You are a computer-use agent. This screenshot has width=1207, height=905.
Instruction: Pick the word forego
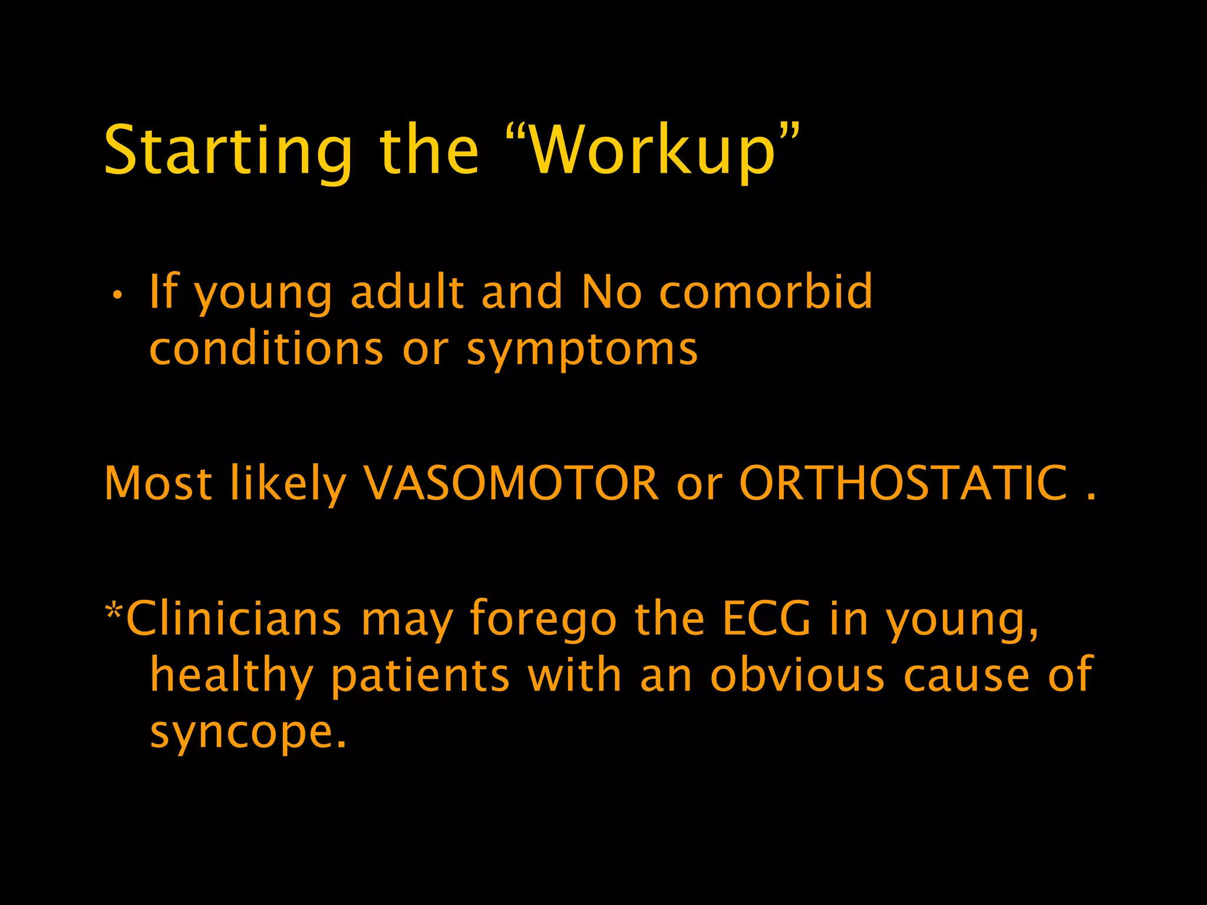543,620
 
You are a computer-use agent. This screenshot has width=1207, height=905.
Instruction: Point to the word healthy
231,676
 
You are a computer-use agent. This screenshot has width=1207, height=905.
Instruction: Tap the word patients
420,676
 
